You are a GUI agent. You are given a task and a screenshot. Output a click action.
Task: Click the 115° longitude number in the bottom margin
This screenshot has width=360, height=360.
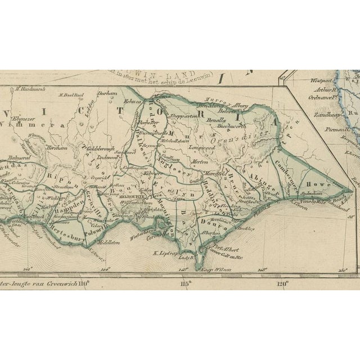(x=187, y=283)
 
